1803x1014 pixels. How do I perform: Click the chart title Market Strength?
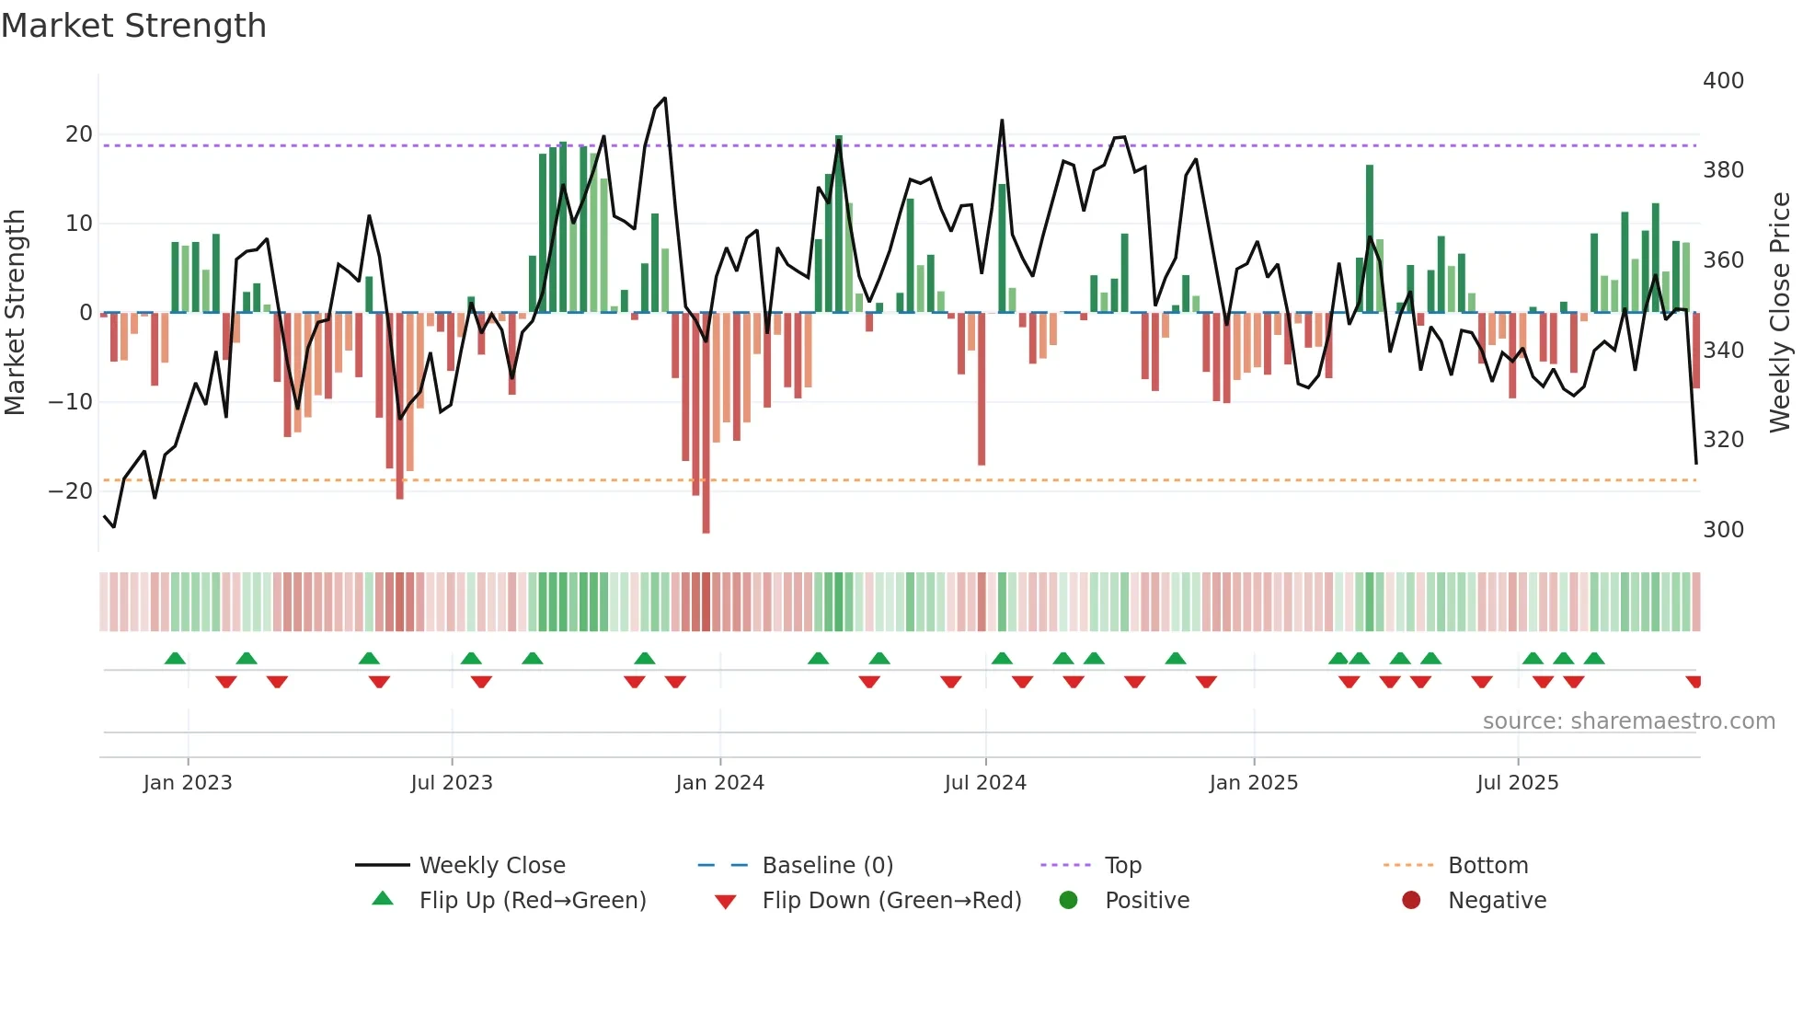[x=133, y=26]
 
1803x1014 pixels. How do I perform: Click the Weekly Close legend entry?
[x=491, y=865]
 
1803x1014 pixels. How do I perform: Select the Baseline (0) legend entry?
[x=827, y=865]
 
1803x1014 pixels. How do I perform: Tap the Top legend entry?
[x=1122, y=865]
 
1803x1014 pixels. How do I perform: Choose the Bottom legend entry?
[x=1487, y=865]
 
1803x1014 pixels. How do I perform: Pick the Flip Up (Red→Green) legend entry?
[x=532, y=900]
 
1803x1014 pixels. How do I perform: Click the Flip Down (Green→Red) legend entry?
[x=890, y=900]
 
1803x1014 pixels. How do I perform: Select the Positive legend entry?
[x=1146, y=900]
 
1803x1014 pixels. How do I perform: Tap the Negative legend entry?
[x=1497, y=900]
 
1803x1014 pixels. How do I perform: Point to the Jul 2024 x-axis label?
[x=984, y=783]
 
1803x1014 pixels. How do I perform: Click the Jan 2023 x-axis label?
[x=188, y=783]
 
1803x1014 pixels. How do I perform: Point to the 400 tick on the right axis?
[x=1723, y=81]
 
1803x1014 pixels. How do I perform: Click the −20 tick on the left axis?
[x=70, y=491]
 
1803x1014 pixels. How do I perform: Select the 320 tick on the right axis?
[x=1723, y=440]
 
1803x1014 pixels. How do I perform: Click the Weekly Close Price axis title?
[x=1780, y=313]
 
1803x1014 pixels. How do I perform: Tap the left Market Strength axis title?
[x=15, y=313]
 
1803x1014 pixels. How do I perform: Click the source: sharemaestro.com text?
[x=1628, y=721]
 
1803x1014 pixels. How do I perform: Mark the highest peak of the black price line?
[x=665, y=98]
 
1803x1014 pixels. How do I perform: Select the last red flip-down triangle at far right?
[x=1694, y=682]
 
